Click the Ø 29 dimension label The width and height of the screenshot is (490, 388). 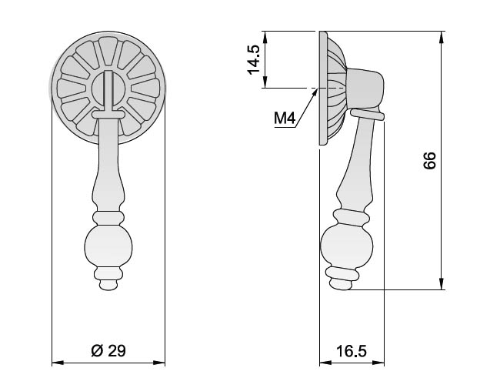[108, 351]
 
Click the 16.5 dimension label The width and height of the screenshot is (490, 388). [352, 351]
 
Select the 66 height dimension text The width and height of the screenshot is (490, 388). [429, 161]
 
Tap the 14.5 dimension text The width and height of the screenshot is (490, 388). [253, 60]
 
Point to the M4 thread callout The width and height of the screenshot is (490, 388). [285, 119]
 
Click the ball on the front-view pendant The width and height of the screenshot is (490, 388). [108, 246]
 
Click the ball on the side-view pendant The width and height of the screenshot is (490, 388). [347, 246]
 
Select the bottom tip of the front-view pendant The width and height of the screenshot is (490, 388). [108, 290]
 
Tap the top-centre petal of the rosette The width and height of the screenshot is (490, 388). [108, 51]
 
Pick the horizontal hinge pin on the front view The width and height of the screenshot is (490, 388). [108, 115]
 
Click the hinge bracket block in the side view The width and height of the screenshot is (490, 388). [365, 89]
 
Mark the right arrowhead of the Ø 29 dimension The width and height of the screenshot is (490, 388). [159, 363]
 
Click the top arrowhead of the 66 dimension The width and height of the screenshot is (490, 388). [442, 37]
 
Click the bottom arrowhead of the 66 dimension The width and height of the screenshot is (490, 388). [442, 284]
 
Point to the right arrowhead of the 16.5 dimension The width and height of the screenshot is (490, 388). [378, 363]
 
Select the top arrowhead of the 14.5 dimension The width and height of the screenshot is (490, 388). [265, 37]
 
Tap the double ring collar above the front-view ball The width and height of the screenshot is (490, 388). [108, 218]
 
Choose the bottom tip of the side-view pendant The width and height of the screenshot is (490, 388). [342, 289]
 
